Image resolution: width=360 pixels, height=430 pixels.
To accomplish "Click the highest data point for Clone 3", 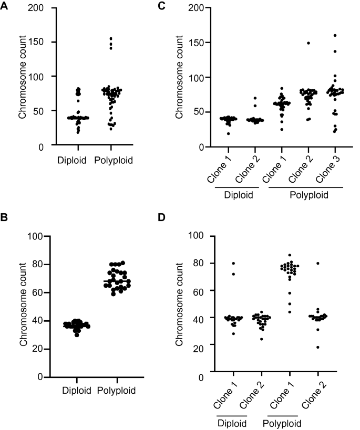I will pyautogui.click(x=334, y=35).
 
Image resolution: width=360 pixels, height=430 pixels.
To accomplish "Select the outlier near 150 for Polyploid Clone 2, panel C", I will pyautogui.click(x=308, y=43).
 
